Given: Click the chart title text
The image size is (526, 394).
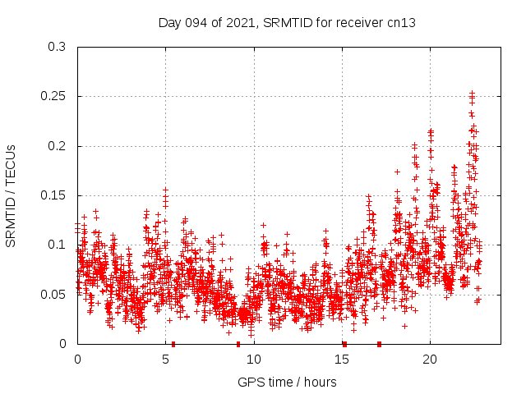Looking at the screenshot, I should pos(287,23).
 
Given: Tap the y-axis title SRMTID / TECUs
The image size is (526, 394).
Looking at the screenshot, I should pos(11,195).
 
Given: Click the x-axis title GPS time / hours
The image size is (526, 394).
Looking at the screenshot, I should pos(287,382).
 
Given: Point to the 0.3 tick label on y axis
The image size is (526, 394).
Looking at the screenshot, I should pos(57,47).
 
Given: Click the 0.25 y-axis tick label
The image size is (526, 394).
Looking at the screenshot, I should pos(53,96).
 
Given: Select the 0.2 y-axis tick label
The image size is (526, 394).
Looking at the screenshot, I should pos(57,146).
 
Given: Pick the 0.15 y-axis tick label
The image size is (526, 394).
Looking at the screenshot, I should pos(53,195).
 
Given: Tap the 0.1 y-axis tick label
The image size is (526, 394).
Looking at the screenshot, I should pos(57,245).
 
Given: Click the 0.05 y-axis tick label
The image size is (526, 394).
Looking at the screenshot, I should pos(53,294).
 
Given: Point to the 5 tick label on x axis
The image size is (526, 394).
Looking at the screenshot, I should pos(166,360).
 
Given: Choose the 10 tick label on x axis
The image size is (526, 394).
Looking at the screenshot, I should pos(254,360).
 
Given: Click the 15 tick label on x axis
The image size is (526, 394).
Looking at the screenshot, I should pos(342,360).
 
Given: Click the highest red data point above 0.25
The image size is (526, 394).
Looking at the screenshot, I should pos(472,93).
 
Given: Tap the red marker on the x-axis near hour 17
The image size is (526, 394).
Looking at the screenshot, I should pos(379,344).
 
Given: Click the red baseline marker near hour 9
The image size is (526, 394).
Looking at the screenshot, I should pos(238,344).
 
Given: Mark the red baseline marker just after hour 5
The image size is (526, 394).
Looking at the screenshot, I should pos(173,344).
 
